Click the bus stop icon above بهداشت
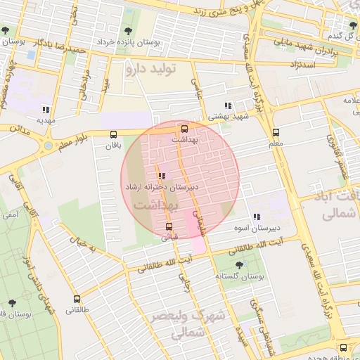point(184,129)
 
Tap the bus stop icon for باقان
point(113,134)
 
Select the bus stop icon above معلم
point(276,132)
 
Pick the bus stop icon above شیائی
point(169,226)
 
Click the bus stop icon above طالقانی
point(77,299)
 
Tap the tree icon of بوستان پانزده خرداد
point(128,31)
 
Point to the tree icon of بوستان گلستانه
point(239,265)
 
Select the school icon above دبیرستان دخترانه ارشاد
point(162,176)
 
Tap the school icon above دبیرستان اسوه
point(256,217)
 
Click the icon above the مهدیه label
point(46,110)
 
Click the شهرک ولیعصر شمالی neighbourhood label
point(186,325)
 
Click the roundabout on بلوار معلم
point(48,146)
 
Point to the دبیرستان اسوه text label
point(257,228)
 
